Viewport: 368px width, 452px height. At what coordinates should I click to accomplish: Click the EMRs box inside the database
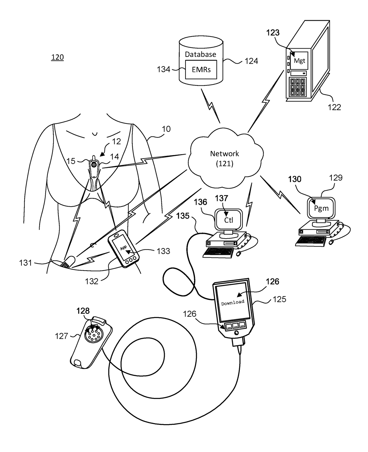(201, 70)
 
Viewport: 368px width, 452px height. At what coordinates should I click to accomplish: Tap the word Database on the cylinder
(200, 54)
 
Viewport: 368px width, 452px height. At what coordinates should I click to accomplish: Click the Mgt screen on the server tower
(299, 60)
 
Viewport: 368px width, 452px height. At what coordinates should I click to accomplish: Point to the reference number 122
(334, 107)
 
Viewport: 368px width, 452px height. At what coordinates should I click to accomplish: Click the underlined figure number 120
(57, 57)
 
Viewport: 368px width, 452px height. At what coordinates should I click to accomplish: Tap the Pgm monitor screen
(321, 208)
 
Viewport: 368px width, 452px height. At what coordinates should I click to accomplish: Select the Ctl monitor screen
(229, 220)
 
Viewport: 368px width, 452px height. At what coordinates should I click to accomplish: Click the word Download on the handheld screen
(233, 302)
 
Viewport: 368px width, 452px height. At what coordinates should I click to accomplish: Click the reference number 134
(164, 69)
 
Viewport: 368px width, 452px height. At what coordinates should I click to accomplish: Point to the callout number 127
(61, 336)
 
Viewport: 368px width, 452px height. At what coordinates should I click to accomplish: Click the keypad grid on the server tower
(297, 87)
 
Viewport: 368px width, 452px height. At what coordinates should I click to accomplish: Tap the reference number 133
(163, 251)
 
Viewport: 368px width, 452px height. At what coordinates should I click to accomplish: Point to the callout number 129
(336, 178)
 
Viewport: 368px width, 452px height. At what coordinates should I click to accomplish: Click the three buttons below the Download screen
(236, 325)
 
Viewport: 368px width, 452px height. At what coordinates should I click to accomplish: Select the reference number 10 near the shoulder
(166, 129)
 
